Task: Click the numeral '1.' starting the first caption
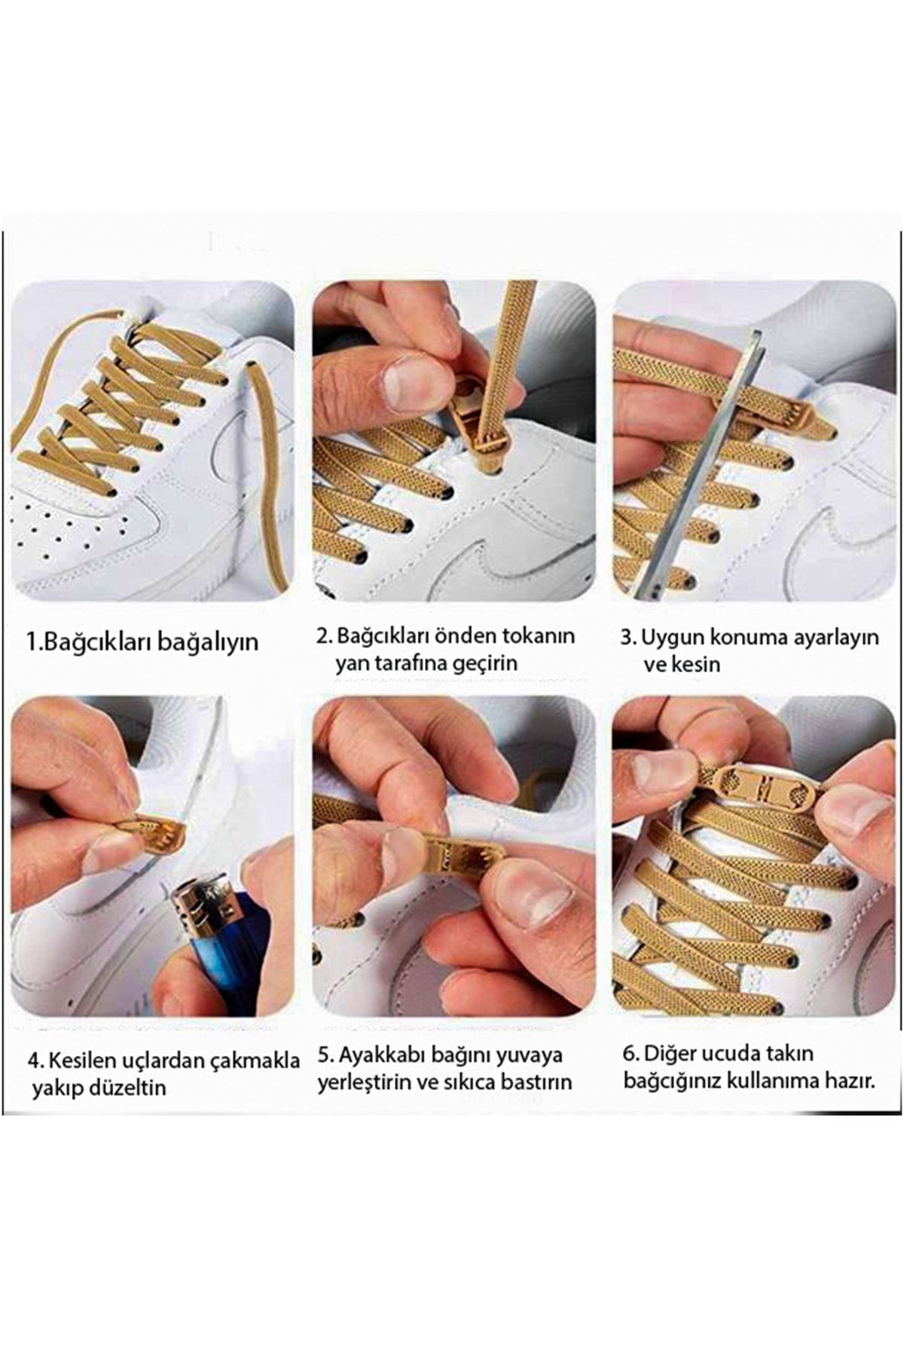pos(34,643)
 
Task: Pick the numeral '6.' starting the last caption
pos(631,1053)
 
